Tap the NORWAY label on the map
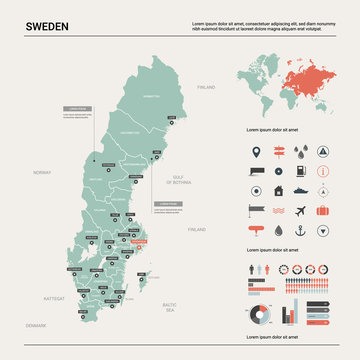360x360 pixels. pos(41,173)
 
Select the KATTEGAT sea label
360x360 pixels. pos(54,298)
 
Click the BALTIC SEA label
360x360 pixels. pos(170,304)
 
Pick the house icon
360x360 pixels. pos(278,188)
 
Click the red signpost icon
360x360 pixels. pos(278,152)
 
